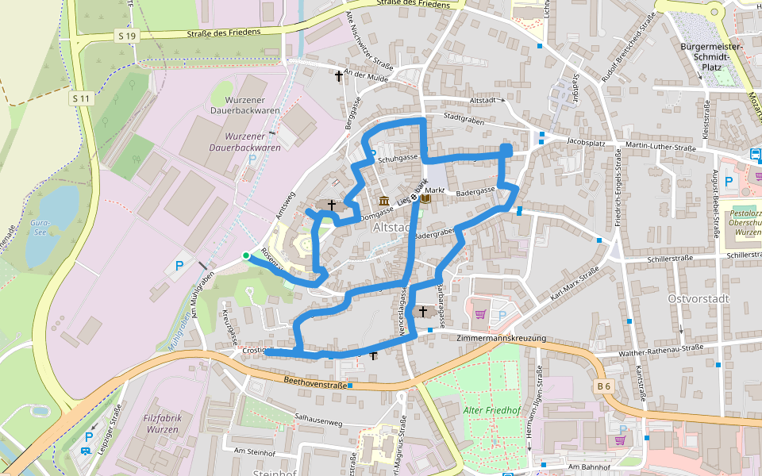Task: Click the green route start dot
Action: [246, 255]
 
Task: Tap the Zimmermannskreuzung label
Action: [502, 339]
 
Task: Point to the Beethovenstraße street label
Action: [316, 385]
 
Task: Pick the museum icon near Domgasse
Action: [384, 200]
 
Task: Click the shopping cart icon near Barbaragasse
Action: [480, 314]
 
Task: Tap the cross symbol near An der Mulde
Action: [339, 76]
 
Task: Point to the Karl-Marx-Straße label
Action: [574, 286]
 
